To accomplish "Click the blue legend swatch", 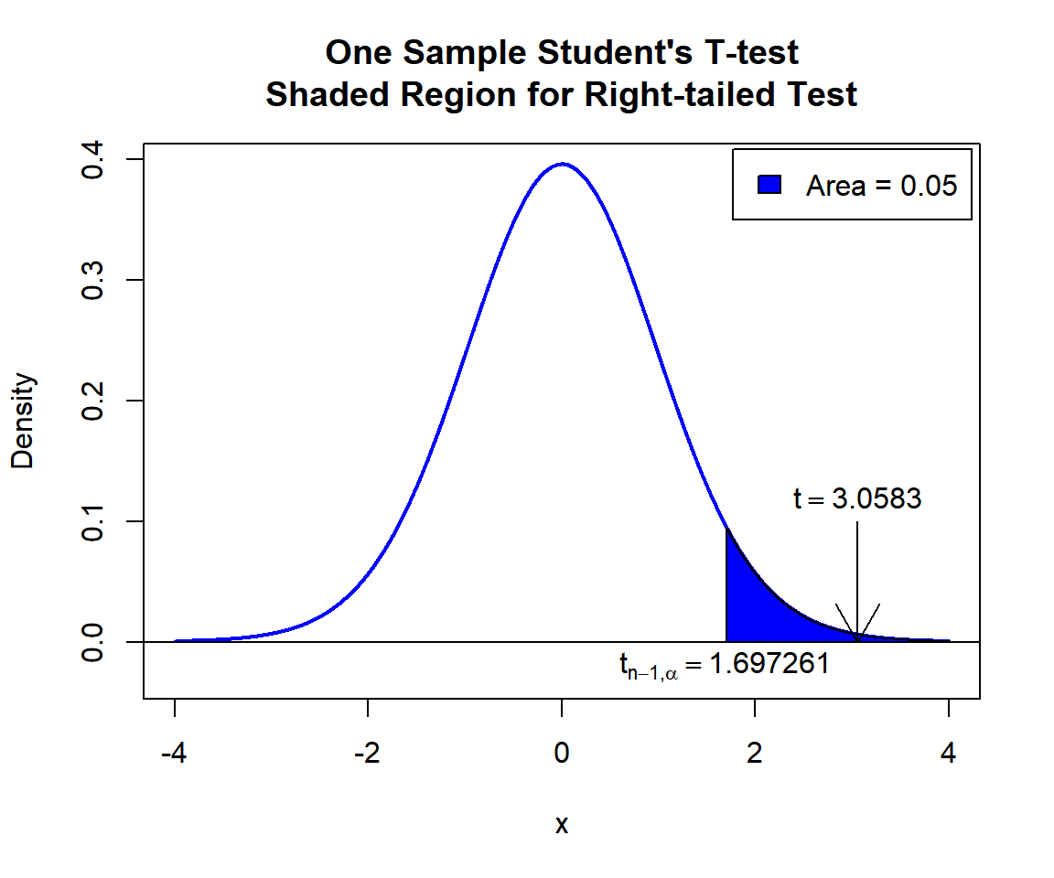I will [769, 185].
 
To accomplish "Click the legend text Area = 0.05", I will [881, 186].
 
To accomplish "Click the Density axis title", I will [23, 421].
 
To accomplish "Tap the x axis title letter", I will [562, 825].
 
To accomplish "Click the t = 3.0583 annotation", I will [857, 499].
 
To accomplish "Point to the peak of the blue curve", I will [562, 165].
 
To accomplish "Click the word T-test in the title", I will [748, 53].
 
